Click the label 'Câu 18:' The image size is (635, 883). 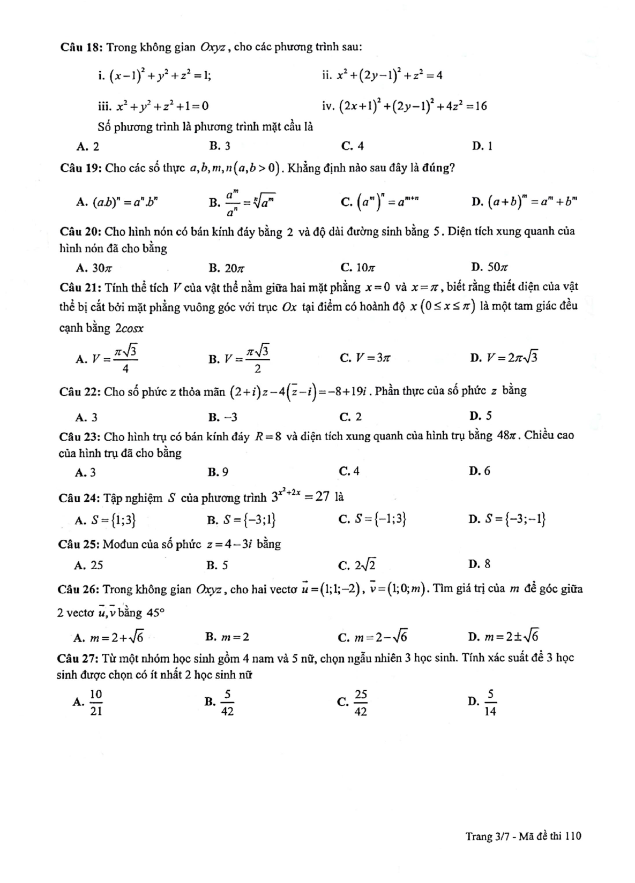[x=81, y=47]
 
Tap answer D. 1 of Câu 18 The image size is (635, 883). [x=482, y=146]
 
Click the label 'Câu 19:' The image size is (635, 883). [x=81, y=168]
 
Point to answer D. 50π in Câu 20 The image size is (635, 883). [x=489, y=267]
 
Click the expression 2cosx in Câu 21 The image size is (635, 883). [x=129, y=328]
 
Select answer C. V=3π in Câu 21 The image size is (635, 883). [x=365, y=358]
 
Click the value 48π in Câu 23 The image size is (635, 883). [x=507, y=435]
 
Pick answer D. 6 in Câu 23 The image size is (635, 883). [x=480, y=471]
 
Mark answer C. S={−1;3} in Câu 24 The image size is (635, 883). [x=373, y=519]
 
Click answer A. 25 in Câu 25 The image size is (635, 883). [x=89, y=565]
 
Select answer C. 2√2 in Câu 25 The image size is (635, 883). [x=357, y=565]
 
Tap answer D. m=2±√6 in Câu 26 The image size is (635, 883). [x=504, y=637]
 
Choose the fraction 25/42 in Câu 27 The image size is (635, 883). [x=361, y=703]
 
